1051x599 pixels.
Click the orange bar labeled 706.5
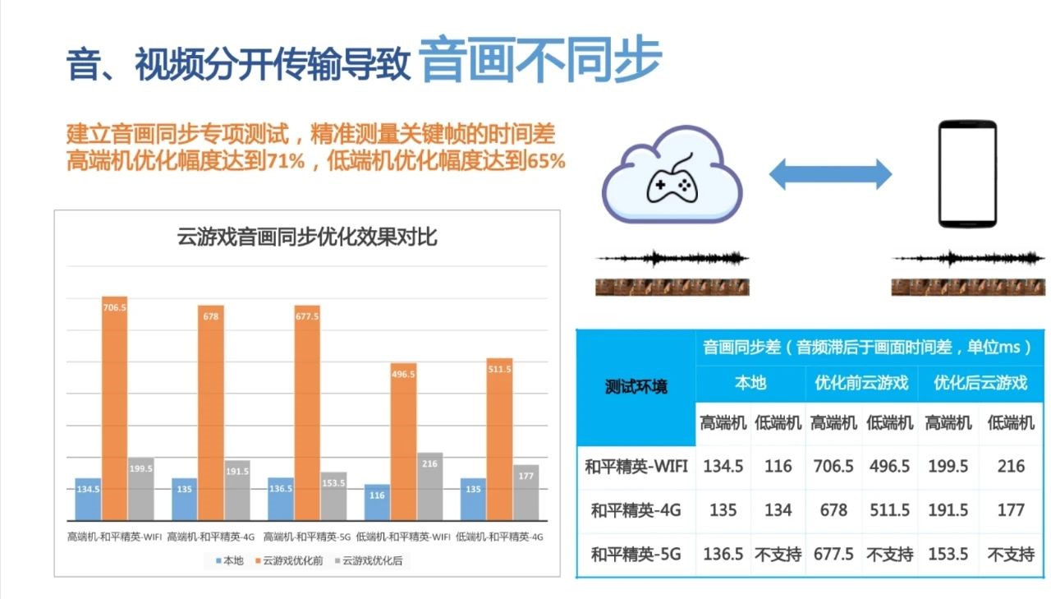[114, 408]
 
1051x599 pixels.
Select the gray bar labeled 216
[429, 486]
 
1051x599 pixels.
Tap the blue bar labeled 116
[377, 502]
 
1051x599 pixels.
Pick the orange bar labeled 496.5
[403, 442]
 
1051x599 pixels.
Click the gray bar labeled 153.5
[333, 496]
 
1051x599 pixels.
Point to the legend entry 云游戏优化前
[289, 560]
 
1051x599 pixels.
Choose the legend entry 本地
[229, 560]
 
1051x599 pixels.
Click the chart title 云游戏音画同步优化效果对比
[307, 237]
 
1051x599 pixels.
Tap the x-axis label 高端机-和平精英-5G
[307, 537]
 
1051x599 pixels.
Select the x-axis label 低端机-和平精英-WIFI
[403, 537]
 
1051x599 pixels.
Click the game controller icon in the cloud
[672, 180]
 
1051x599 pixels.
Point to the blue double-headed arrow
[830, 174]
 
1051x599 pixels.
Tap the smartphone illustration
[967, 173]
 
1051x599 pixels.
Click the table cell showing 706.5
[833, 466]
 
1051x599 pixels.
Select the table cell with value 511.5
[889, 510]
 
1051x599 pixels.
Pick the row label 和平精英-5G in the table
[636, 555]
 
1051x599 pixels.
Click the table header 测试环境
[636, 387]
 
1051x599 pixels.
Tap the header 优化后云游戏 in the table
[980, 383]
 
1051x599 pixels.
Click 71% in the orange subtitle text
[287, 161]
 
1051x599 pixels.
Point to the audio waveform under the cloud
[672, 258]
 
